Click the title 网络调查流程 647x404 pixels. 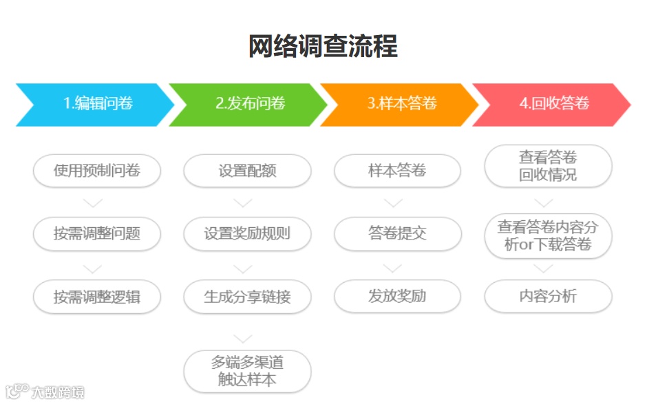pos(323,47)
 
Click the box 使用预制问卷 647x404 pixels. pos(97,171)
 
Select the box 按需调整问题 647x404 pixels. pos(97,233)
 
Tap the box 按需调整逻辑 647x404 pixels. pos(97,297)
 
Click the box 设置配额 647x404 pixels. pos(247,171)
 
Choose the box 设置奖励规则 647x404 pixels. pos(247,233)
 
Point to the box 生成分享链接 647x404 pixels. pos(247,297)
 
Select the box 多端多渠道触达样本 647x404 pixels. pos(247,371)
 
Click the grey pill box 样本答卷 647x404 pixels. pos(397,171)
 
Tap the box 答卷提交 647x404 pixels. pos(397,233)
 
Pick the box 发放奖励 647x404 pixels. pos(397,297)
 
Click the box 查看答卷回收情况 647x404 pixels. pos(548,166)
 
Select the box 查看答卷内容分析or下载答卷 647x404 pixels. pos(548,235)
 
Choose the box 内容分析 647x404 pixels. pos(548,297)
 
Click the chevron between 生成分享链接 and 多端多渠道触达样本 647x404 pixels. pos(243,339)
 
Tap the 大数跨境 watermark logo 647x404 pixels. pos(43,392)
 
